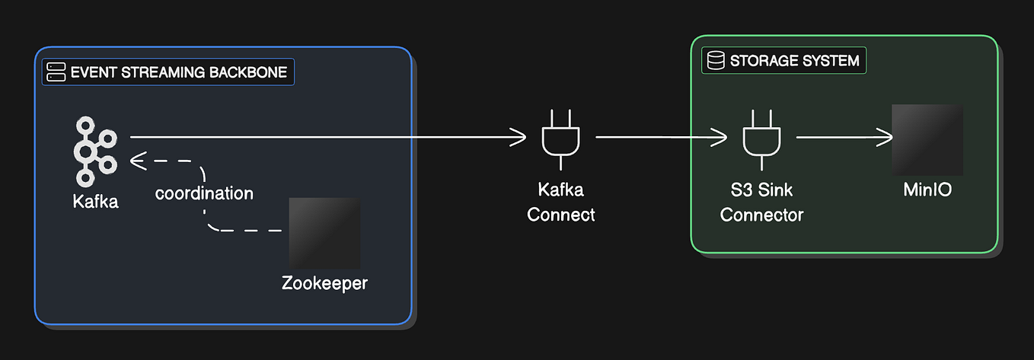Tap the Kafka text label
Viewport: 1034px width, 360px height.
click(x=96, y=202)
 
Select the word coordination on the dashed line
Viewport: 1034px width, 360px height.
click(x=204, y=193)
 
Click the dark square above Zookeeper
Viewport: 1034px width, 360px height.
click(x=324, y=233)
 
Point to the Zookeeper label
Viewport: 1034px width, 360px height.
click(x=324, y=284)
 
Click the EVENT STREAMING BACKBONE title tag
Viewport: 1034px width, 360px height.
click(x=168, y=72)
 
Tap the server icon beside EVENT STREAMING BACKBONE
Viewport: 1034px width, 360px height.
click(x=56, y=72)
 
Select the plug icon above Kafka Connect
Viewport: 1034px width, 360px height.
click(x=560, y=138)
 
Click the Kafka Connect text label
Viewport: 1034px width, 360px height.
click(x=561, y=202)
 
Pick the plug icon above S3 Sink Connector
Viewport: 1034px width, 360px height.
click(x=761, y=138)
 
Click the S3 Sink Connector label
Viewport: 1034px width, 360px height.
click(x=761, y=202)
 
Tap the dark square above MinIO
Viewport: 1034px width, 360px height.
click(x=927, y=140)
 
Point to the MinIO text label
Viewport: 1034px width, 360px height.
click(x=927, y=189)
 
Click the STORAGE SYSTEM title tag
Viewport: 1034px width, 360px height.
click(x=783, y=61)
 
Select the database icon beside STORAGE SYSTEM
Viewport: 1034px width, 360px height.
click(x=715, y=61)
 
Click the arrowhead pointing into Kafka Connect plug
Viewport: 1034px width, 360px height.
click(x=519, y=138)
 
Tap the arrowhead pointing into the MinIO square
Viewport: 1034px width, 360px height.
click(x=886, y=138)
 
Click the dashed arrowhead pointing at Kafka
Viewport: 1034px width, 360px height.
click(x=138, y=161)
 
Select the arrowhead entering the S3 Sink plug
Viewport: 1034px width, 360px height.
click(x=720, y=138)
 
